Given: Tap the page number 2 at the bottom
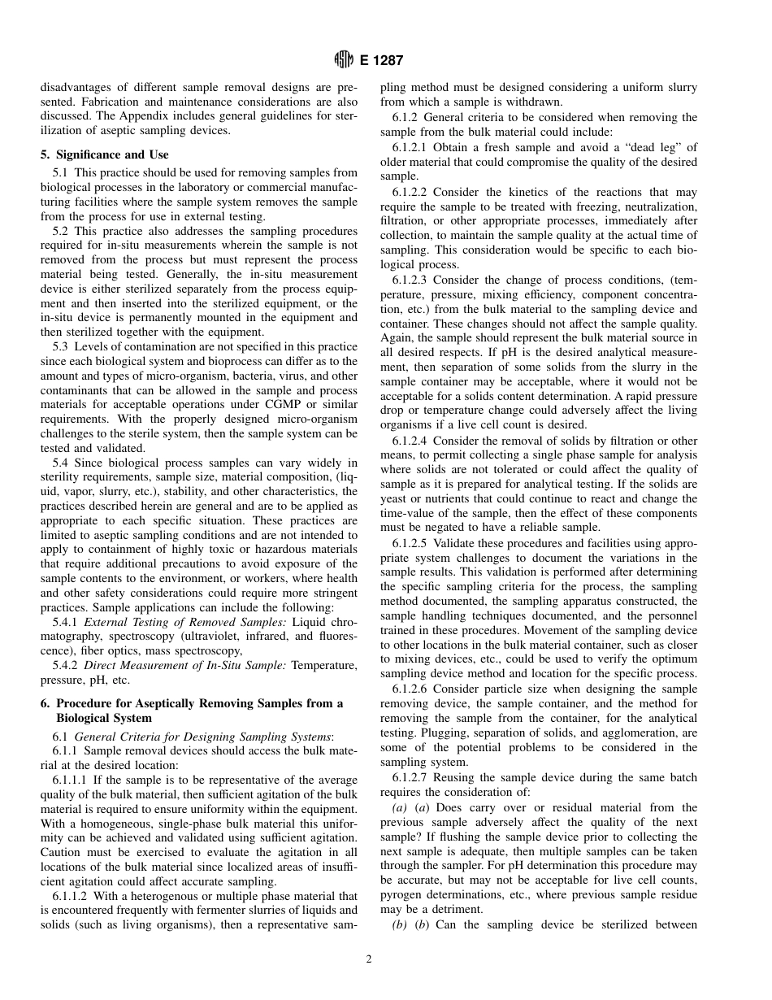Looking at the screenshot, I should pos(368,959).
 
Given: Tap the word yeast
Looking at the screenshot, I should pos(396,498).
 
